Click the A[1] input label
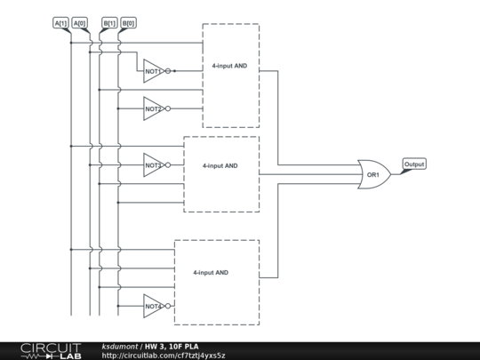(60, 23)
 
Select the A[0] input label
(79, 23)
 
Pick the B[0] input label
(128, 23)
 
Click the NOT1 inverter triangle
(153, 70)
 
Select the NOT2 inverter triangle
(153, 108)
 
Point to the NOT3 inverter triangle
(153, 165)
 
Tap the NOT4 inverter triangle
(153, 306)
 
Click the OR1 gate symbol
(374, 174)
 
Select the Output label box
(414, 164)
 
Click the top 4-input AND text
(229, 67)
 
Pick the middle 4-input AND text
(220, 165)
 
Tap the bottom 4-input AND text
(211, 272)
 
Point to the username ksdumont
(117, 346)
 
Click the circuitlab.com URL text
(164, 356)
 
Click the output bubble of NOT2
(167, 108)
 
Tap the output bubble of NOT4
(167, 306)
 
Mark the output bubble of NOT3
(167, 165)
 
